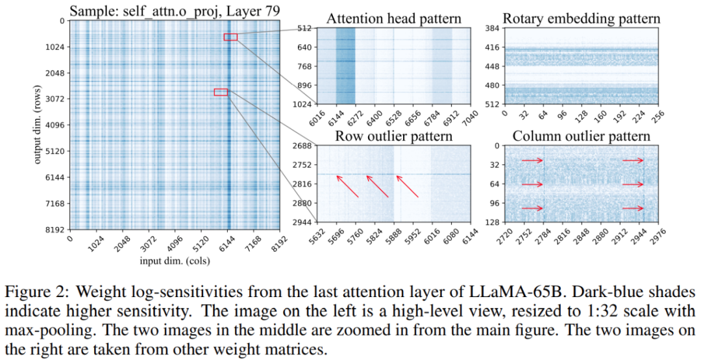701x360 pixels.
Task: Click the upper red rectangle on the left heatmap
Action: pyautogui.click(x=230, y=37)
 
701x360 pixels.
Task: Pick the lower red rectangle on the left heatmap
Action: pyautogui.click(x=221, y=92)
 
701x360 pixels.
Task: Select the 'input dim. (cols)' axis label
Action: pyautogui.click(x=175, y=259)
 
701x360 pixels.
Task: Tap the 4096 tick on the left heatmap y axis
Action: pyautogui.click(x=54, y=125)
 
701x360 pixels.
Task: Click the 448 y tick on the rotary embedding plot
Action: pyautogui.click(x=492, y=66)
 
